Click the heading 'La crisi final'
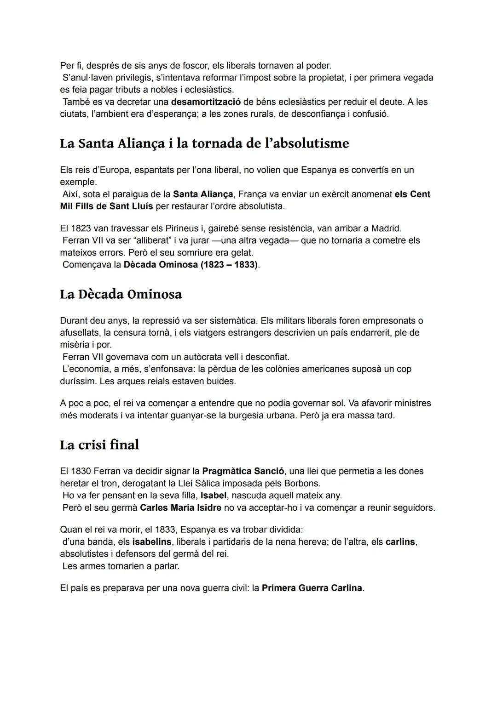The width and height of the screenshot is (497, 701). point(99,445)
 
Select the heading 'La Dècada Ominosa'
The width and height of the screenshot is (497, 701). point(121,294)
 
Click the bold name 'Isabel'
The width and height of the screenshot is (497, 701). point(214,496)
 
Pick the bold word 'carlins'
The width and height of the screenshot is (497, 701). point(400,542)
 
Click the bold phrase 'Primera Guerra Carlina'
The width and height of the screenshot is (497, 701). point(312,588)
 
